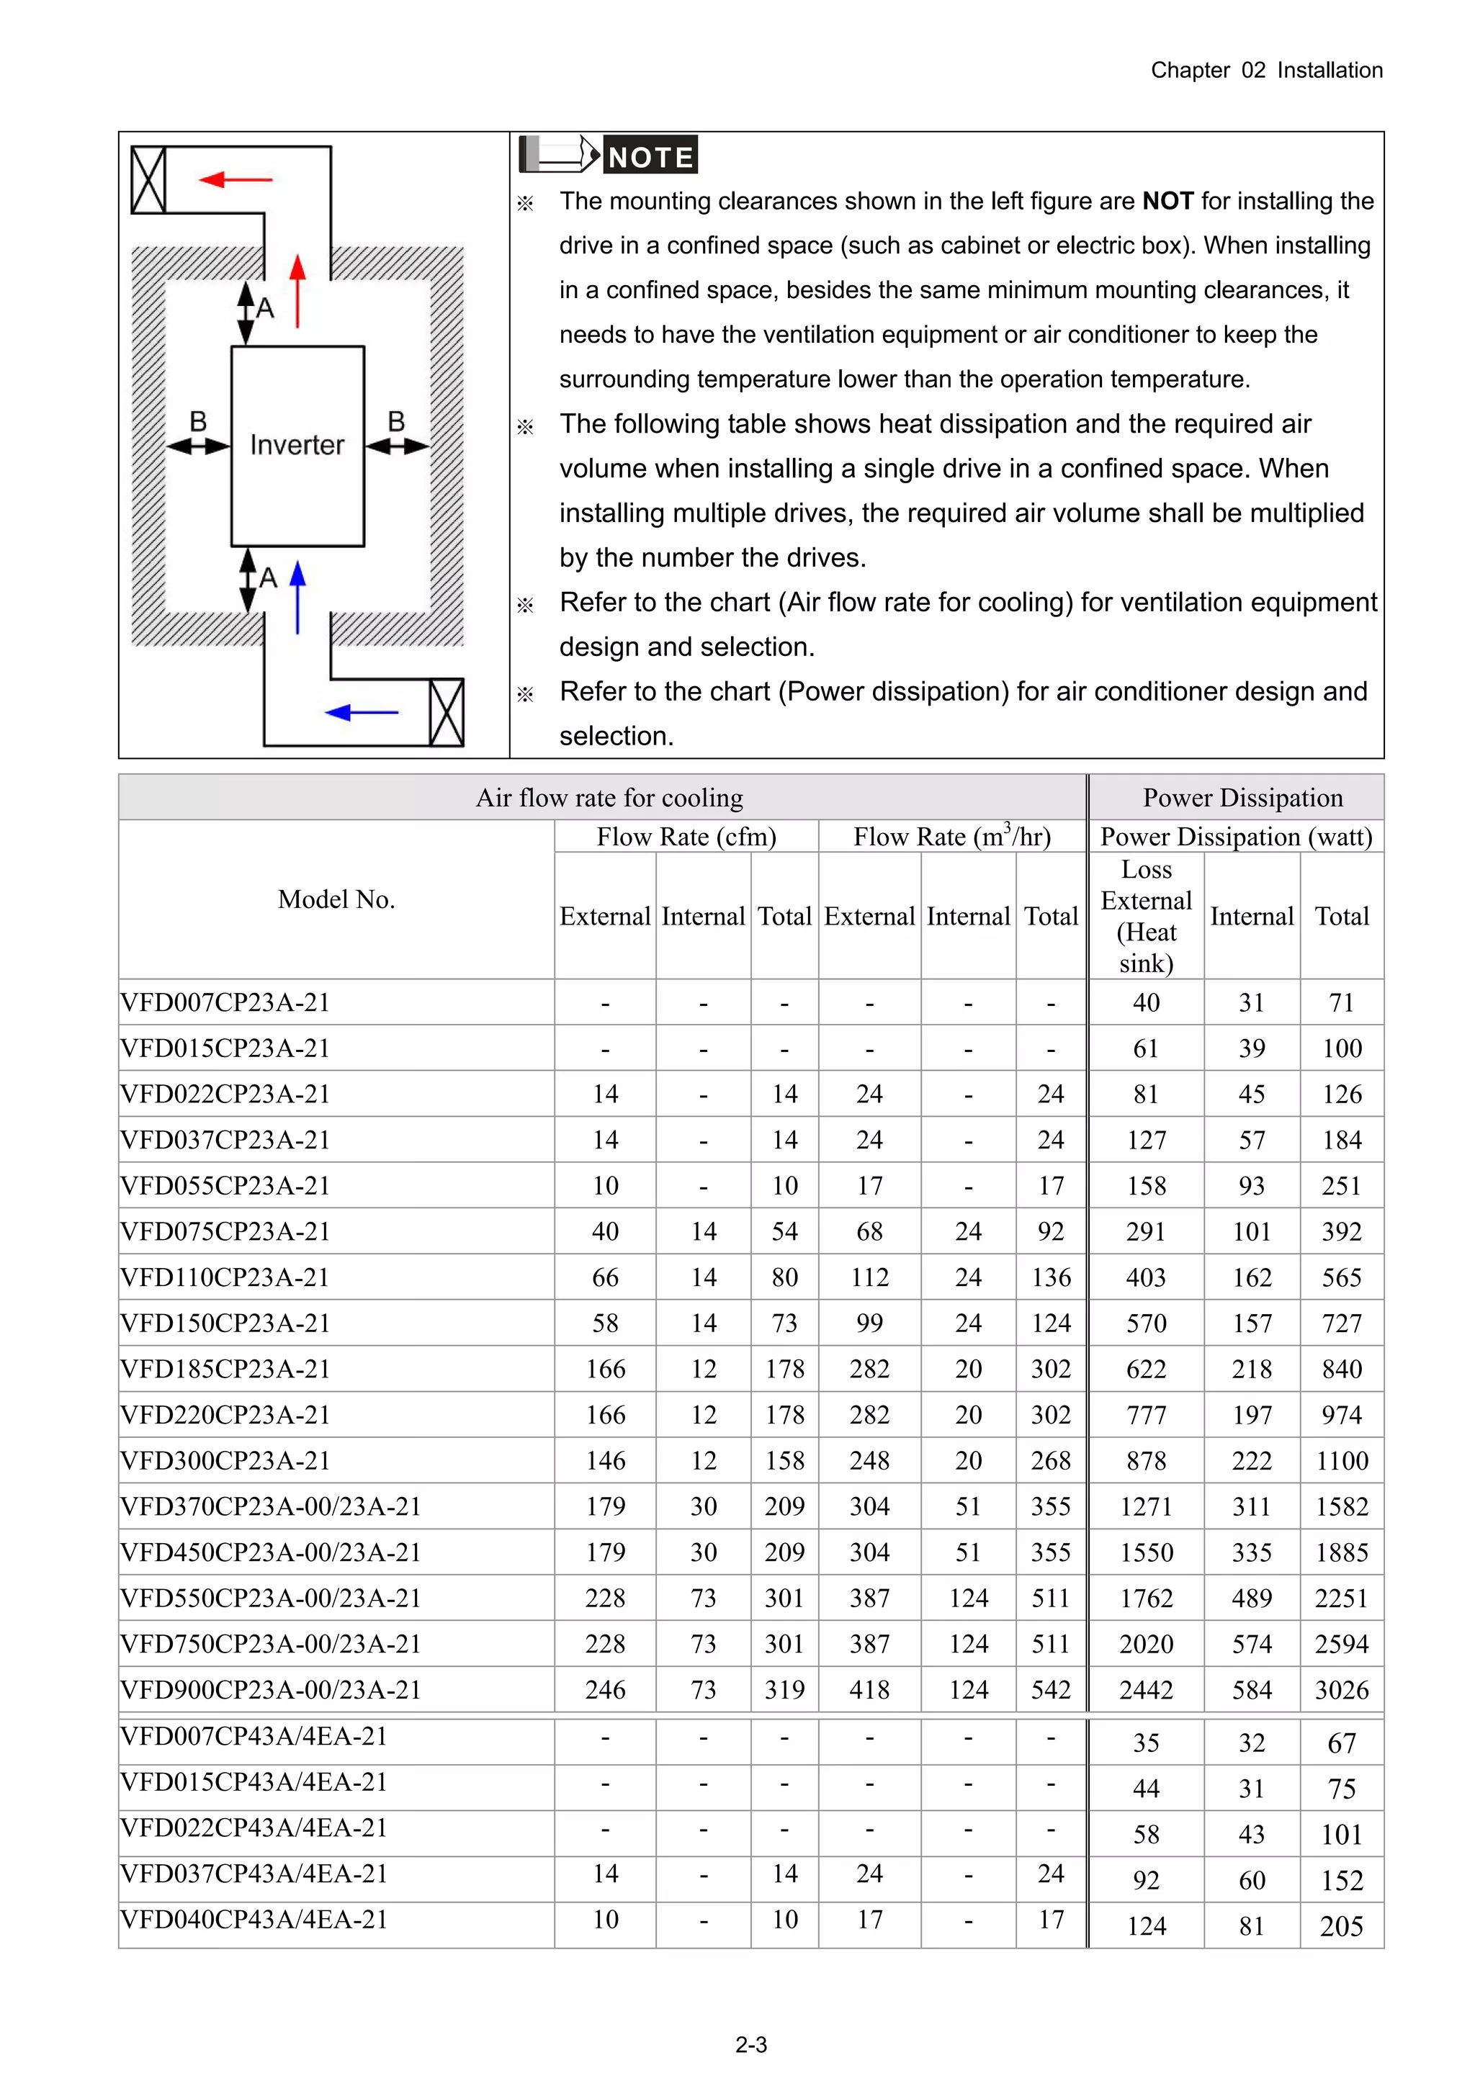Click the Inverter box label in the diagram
(297, 444)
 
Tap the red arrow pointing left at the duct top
(236, 180)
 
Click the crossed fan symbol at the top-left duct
(148, 180)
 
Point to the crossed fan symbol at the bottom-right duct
(447, 713)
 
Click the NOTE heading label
(650, 157)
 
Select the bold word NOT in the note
(1167, 201)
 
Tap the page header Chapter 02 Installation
(1266, 70)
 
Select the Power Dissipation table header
(1242, 798)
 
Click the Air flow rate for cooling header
(609, 798)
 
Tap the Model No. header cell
(336, 899)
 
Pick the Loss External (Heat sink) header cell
(1146, 916)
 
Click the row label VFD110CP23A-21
(225, 1277)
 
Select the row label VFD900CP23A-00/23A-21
(271, 1689)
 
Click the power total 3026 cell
(1342, 1690)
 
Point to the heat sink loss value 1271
(1146, 1506)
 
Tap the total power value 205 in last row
(1342, 1926)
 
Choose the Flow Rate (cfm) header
(686, 837)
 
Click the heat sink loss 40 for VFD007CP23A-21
(1146, 1002)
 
